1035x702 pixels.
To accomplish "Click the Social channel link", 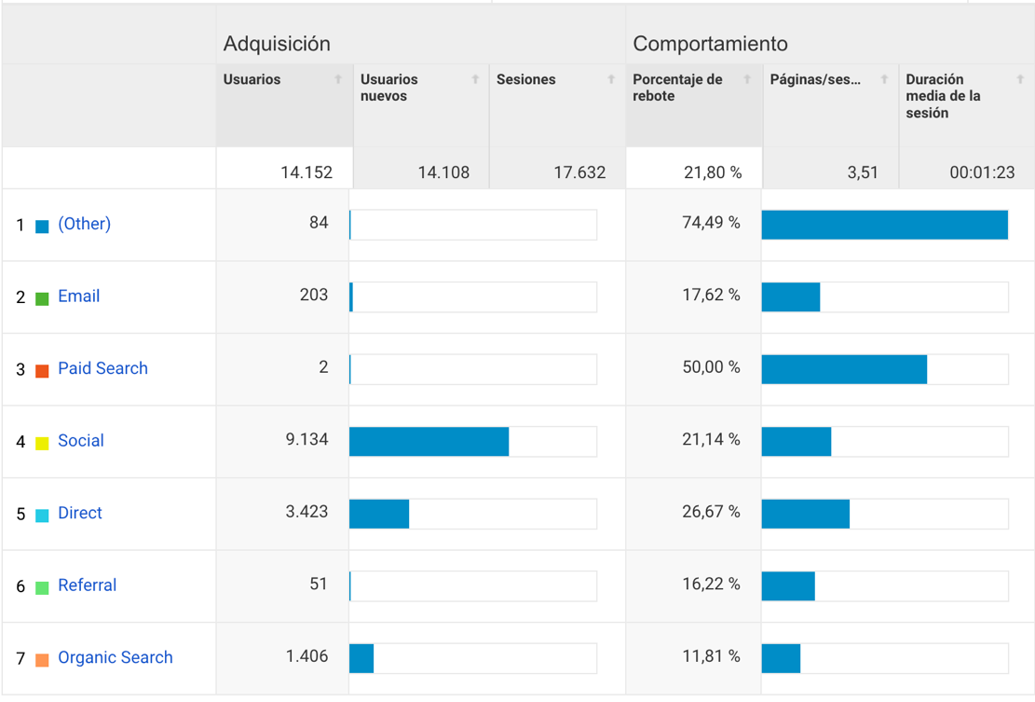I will [80, 441].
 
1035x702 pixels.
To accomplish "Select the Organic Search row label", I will [115, 658].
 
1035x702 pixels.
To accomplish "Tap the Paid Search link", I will [102, 368].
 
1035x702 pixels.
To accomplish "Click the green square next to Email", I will [42, 298].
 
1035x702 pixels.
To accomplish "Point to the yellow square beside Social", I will [42, 443].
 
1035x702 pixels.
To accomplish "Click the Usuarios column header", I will [252, 80].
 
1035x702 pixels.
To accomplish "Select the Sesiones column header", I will [525, 80].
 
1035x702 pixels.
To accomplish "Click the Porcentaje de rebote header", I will [677, 88].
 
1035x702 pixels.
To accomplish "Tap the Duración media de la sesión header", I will [943, 96].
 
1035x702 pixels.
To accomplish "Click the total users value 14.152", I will [306, 172].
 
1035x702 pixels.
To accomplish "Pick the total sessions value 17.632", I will [579, 172].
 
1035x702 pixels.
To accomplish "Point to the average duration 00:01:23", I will [983, 172].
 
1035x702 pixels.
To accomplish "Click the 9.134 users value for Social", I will [306, 439].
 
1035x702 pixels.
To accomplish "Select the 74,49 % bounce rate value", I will [711, 223].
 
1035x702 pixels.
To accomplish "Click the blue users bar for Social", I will [429, 442].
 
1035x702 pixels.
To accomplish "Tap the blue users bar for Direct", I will [379, 514].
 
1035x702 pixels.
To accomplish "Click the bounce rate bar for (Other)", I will [884, 225].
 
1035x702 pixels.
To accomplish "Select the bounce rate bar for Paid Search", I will [844, 369].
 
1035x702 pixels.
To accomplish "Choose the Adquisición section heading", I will [277, 44].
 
